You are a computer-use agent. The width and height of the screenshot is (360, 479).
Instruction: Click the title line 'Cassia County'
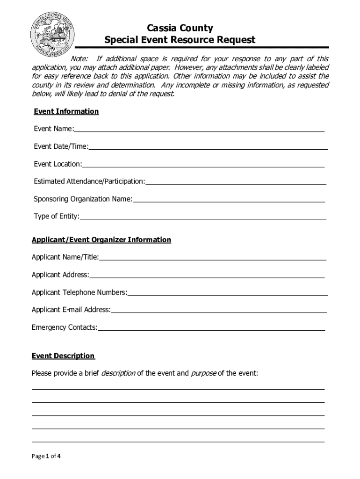tap(180, 29)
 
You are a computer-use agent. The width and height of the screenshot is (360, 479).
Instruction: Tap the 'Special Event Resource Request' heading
tap(180, 40)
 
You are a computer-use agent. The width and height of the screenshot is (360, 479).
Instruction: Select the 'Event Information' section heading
tap(66, 111)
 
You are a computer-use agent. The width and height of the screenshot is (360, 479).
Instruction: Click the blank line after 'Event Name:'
tap(199, 130)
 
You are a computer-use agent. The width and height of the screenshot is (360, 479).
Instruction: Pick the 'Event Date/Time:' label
tap(61, 146)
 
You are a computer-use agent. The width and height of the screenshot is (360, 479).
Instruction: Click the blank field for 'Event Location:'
tap(203, 165)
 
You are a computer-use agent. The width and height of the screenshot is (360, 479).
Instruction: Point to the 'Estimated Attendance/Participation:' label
tap(89, 181)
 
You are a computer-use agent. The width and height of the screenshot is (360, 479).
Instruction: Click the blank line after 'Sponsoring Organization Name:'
tap(229, 200)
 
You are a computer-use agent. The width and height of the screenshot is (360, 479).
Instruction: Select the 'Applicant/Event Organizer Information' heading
tap(101, 240)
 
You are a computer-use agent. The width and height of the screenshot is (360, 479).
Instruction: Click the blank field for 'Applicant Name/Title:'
tap(213, 257)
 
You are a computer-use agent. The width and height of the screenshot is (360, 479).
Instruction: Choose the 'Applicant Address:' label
tap(60, 275)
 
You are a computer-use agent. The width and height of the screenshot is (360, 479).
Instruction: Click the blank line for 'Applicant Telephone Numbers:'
tap(227, 293)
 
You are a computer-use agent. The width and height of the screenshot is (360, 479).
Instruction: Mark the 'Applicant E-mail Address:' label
tap(71, 310)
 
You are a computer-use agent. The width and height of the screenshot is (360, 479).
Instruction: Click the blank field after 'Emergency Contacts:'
tap(211, 328)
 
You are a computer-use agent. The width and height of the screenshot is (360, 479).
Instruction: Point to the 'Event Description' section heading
tap(63, 356)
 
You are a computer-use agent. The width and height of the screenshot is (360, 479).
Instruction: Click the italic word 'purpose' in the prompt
tap(203, 373)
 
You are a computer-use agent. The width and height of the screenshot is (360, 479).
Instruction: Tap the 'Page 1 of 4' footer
tap(46, 457)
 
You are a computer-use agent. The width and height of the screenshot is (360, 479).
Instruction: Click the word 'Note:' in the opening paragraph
tap(80, 59)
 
